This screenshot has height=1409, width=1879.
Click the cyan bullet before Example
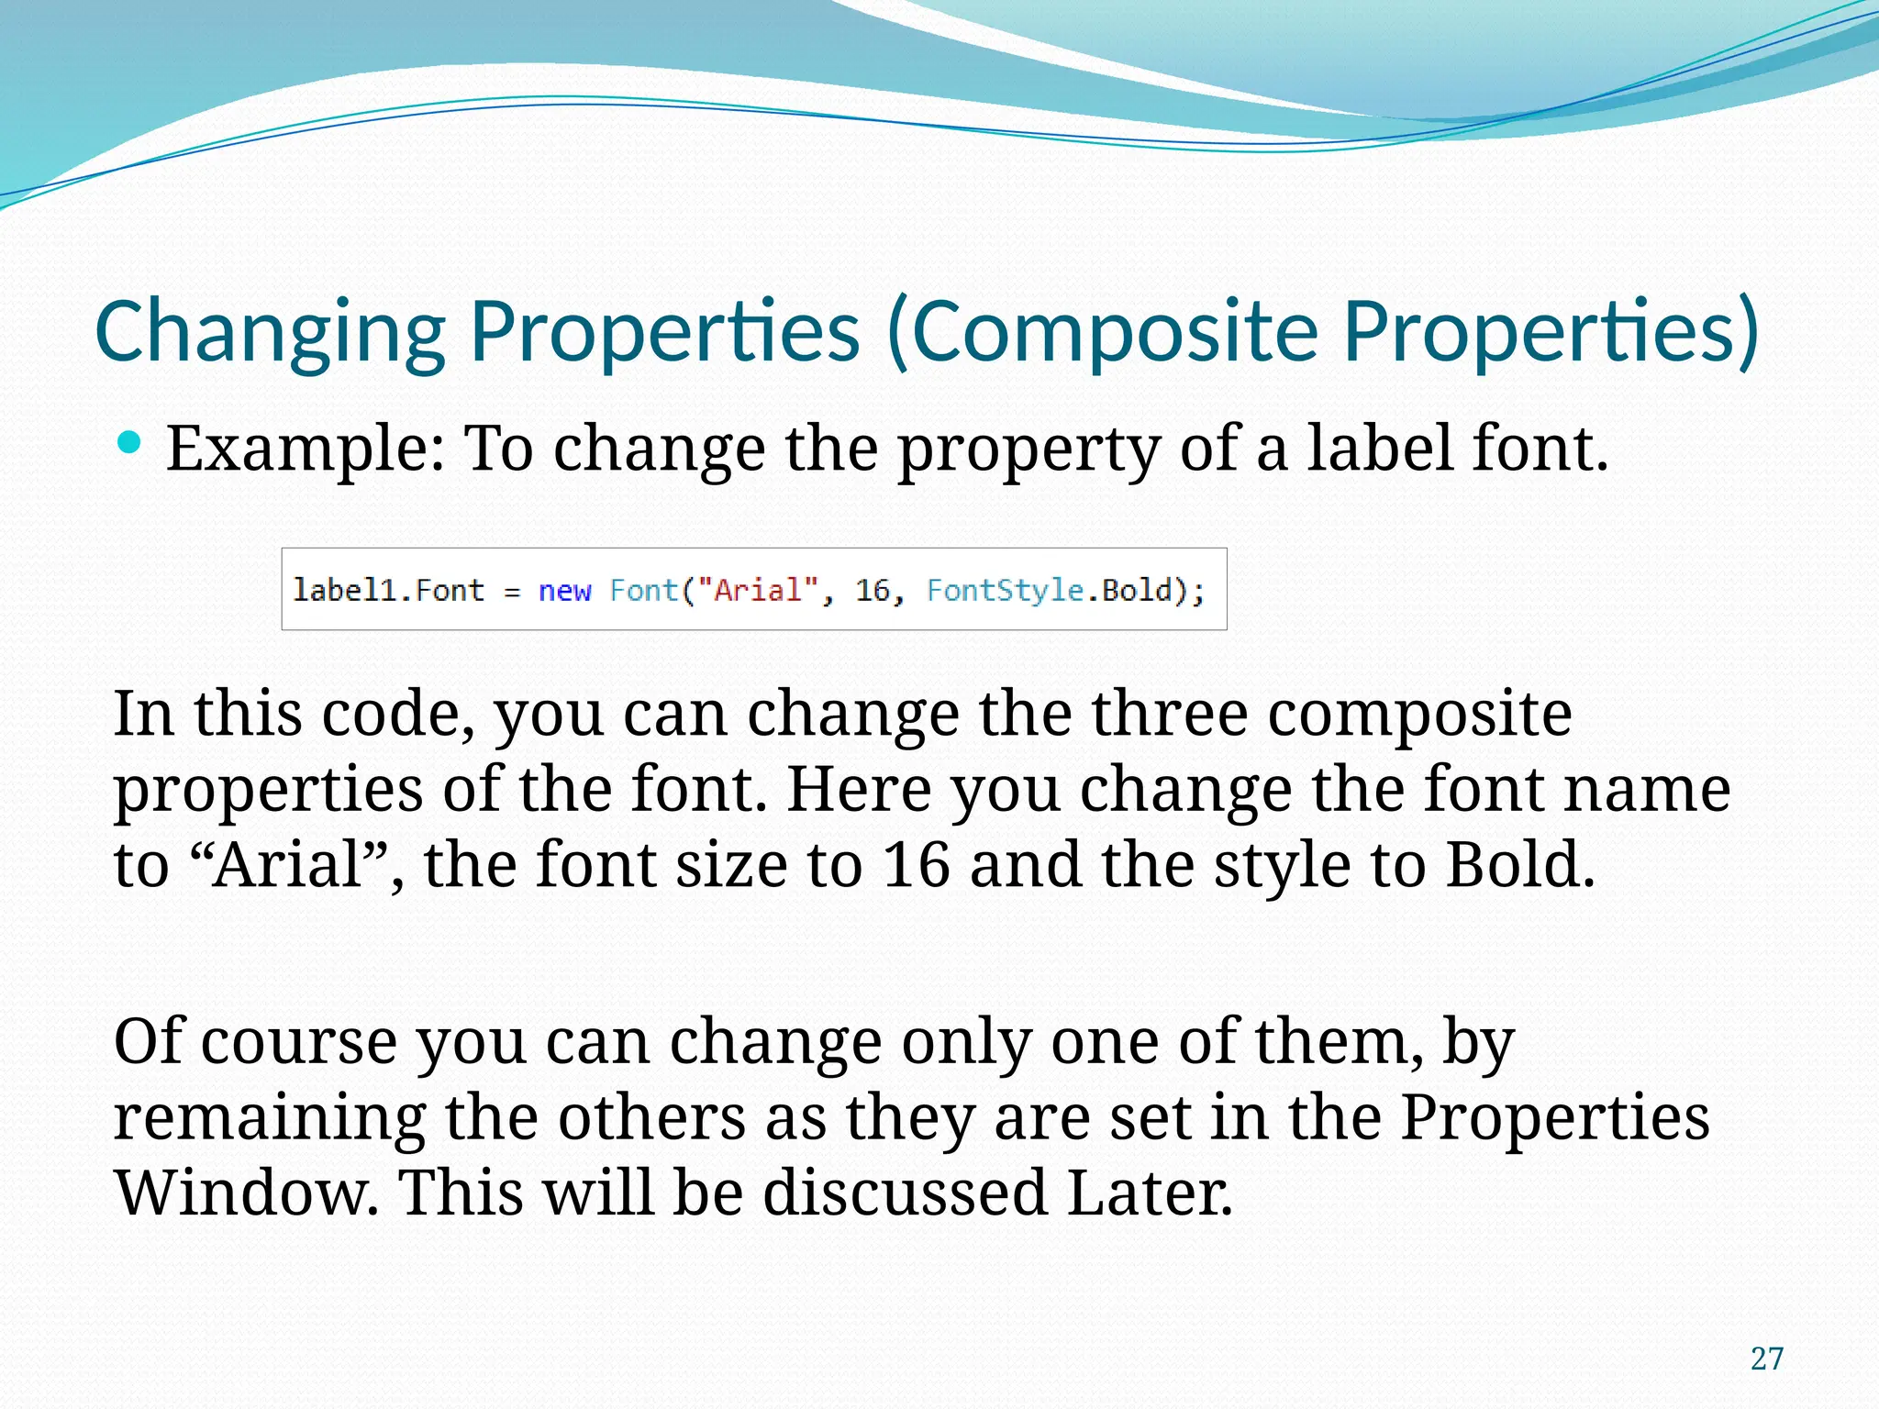(130, 444)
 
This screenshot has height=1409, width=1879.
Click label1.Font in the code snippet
(388, 590)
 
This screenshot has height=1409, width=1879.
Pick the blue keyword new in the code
(564, 590)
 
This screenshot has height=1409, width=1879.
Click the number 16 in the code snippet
(873, 590)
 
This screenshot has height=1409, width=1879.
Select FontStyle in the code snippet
(1006, 590)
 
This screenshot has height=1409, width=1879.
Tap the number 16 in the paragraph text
(916, 864)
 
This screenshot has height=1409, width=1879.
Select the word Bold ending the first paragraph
(1518, 864)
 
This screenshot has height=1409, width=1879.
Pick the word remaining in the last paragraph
(269, 1119)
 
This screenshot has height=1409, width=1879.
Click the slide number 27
(1766, 1359)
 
